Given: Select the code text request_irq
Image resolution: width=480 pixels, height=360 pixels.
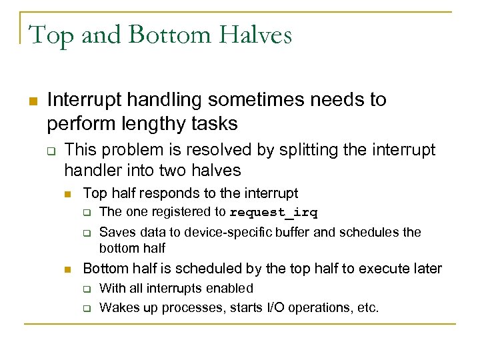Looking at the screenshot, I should [x=273, y=213].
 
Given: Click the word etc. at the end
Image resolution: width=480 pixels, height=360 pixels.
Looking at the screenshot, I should [x=367, y=308].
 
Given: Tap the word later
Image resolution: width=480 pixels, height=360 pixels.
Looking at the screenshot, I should [x=427, y=269].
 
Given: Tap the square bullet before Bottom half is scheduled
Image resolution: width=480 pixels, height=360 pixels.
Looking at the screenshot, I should [x=67, y=269].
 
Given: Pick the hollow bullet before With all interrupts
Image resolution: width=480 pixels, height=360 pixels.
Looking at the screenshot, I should [x=87, y=289].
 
